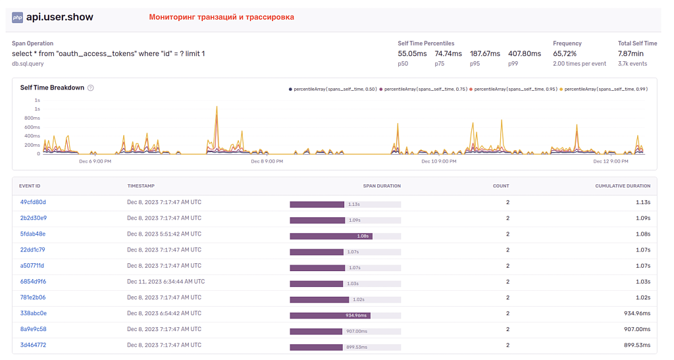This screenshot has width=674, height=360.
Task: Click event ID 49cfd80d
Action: (33, 202)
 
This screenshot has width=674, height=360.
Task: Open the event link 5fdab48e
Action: (33, 234)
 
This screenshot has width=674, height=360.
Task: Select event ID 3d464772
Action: (33, 345)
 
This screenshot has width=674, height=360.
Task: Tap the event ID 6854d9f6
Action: (33, 282)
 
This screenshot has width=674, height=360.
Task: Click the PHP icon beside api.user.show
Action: (17, 17)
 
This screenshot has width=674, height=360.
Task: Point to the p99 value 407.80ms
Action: (525, 54)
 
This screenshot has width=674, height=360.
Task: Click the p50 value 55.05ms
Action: (412, 54)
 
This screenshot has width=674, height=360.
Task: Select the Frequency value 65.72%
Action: (565, 54)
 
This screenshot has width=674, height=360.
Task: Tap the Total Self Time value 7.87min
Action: (631, 54)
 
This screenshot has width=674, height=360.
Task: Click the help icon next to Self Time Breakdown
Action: (91, 88)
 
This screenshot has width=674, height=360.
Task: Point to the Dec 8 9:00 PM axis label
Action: (267, 161)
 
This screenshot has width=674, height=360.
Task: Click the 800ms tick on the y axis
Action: (33, 118)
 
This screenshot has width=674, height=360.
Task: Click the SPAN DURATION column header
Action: (382, 186)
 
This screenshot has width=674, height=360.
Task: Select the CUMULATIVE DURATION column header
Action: (623, 186)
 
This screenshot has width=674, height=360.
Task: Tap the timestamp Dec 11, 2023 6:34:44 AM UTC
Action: (166, 282)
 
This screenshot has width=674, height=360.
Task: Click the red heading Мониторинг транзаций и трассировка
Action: (221, 17)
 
